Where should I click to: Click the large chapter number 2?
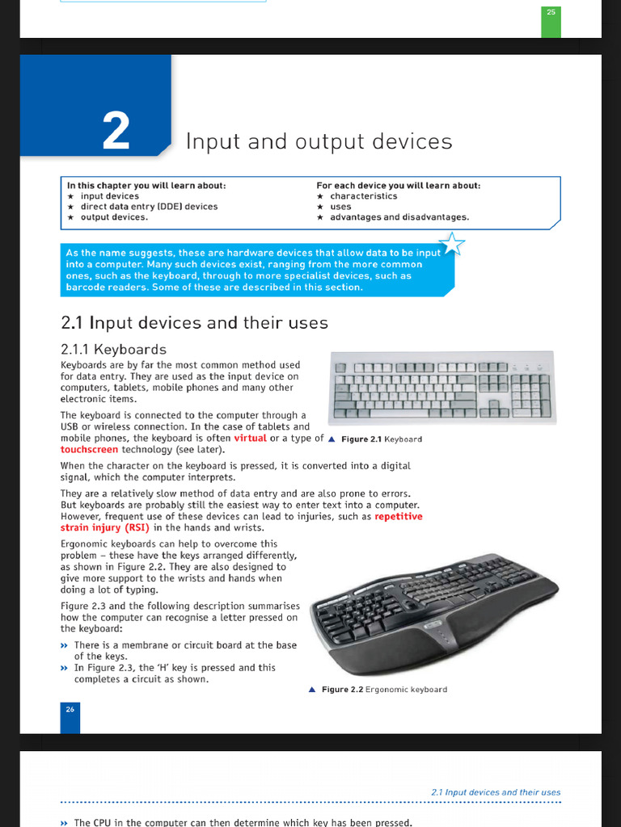tap(116, 131)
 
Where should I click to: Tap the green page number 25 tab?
tap(551, 13)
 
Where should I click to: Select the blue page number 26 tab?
tap(70, 709)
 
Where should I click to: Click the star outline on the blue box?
tap(451, 243)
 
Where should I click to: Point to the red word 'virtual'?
tap(250, 438)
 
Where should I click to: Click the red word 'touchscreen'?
tap(91, 449)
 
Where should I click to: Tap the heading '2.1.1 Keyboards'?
tap(113, 349)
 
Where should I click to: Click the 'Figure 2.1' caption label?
tap(361, 439)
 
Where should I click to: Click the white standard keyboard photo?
tap(443, 387)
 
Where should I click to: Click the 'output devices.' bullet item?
tap(114, 217)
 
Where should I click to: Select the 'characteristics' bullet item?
tap(363, 196)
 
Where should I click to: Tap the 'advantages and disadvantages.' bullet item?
tap(399, 217)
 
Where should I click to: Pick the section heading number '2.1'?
tap(73, 323)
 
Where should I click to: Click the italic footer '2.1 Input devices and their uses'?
tap(496, 792)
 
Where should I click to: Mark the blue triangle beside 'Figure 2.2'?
tap(312, 690)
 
